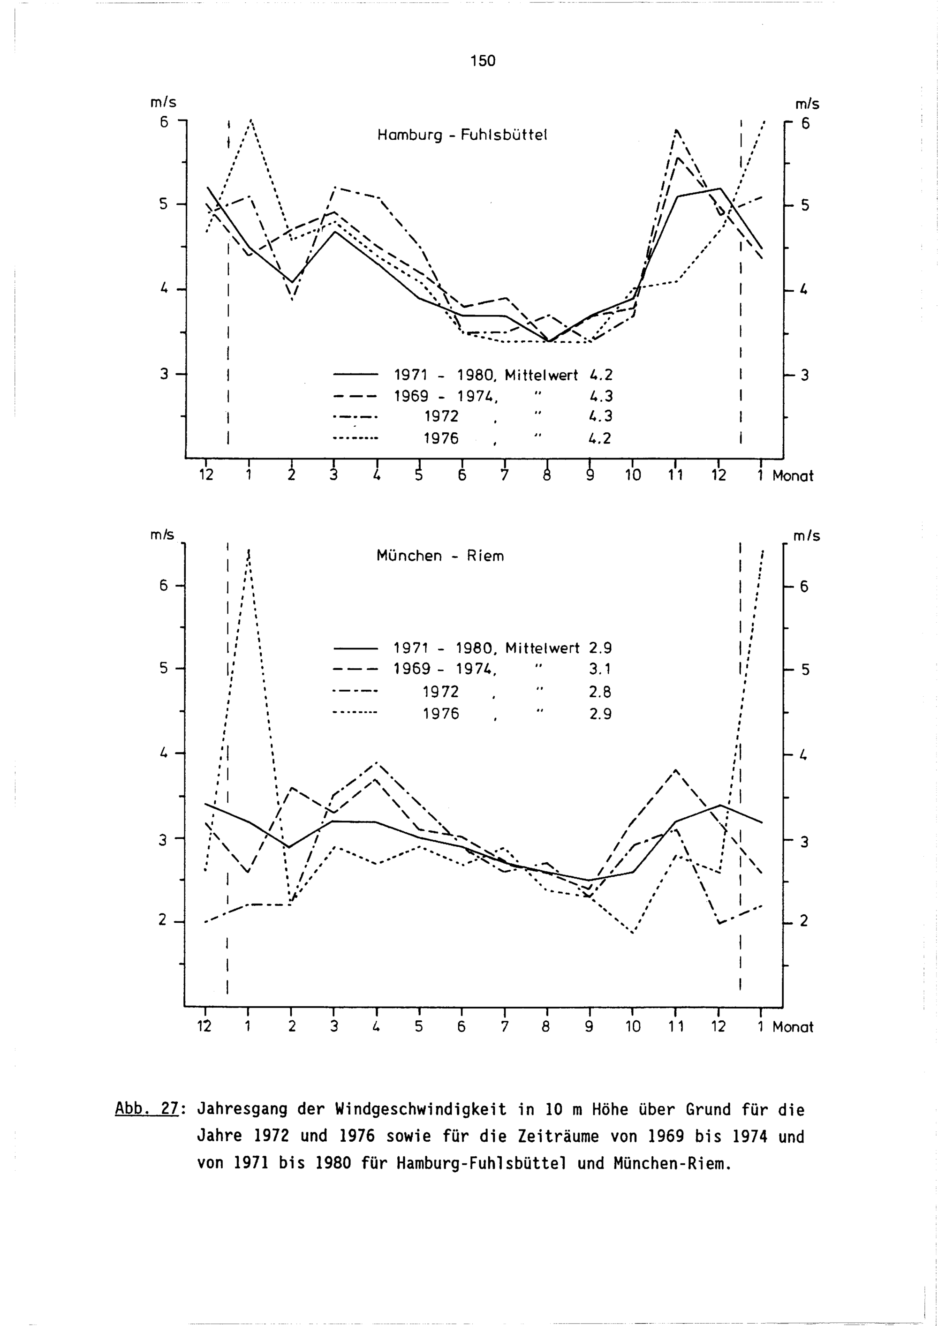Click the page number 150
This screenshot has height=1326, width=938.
pyautogui.click(x=483, y=60)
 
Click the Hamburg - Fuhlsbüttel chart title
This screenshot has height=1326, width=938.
pyautogui.click(x=461, y=135)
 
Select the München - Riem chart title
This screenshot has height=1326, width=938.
pyautogui.click(x=440, y=556)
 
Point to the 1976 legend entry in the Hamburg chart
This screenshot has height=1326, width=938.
pyautogui.click(x=441, y=439)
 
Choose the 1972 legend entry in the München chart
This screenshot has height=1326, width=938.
pyautogui.click(x=441, y=692)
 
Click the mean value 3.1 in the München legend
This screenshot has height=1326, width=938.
pyautogui.click(x=600, y=670)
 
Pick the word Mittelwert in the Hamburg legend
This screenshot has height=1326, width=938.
pyautogui.click(x=541, y=376)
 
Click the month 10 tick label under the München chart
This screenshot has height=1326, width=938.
pyautogui.click(x=633, y=1027)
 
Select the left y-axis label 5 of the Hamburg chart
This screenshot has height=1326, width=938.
pyautogui.click(x=164, y=204)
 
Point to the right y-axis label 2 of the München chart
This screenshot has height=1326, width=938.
pyautogui.click(x=804, y=922)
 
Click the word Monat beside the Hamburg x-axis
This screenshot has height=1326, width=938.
pyautogui.click(x=793, y=476)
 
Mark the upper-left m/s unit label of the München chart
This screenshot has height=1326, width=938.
pyautogui.click(x=162, y=535)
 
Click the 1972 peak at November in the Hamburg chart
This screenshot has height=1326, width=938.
pyautogui.click(x=676, y=130)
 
